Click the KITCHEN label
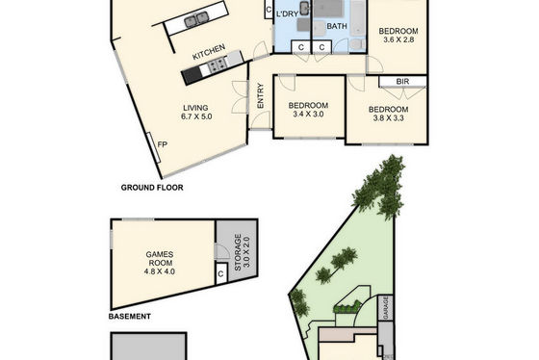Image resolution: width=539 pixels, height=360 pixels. click(x=209, y=52)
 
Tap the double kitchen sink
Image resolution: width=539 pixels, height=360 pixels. click(x=196, y=19)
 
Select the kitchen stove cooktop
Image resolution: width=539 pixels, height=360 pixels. click(x=217, y=64)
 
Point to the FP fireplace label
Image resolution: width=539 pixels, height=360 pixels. click(x=163, y=144)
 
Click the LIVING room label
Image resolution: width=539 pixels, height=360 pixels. click(x=195, y=108)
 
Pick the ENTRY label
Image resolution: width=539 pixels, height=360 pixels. click(x=260, y=96)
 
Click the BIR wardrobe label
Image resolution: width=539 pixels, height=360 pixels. click(x=402, y=82)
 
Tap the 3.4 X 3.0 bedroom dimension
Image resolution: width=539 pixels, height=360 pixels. click(x=308, y=115)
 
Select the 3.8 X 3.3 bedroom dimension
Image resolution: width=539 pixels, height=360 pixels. click(x=389, y=118)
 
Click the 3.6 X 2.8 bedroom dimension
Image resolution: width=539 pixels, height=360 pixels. click(x=398, y=39)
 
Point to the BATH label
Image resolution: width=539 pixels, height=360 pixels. click(x=337, y=26)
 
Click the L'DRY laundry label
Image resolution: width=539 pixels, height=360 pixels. click(x=287, y=14)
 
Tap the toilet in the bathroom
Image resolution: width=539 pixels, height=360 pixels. click(x=358, y=44)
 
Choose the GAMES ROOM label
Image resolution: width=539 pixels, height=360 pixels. click(x=160, y=259)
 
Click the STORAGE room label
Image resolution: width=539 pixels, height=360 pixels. click(x=238, y=252)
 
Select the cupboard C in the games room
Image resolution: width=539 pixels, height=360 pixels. click(x=220, y=274)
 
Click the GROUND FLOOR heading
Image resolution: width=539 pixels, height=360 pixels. click(x=152, y=188)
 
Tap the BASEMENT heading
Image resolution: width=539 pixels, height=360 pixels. click(x=130, y=317)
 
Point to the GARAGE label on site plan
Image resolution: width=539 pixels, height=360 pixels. click(x=386, y=308)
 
